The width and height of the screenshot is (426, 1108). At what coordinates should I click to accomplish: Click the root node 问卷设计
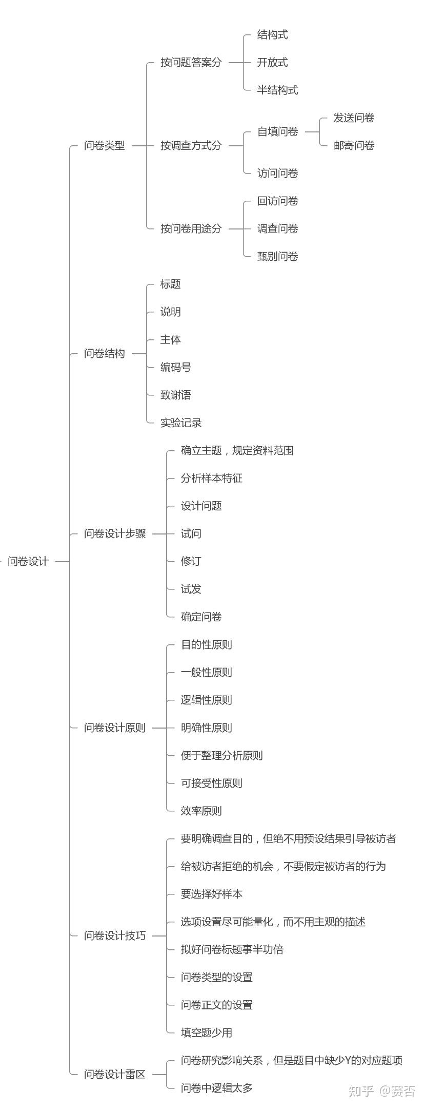tap(28, 561)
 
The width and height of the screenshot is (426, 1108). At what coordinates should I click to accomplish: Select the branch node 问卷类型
tap(105, 145)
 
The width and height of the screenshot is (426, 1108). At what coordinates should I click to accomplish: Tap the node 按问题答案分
tap(191, 62)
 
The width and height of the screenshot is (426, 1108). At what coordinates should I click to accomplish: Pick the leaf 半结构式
tap(277, 90)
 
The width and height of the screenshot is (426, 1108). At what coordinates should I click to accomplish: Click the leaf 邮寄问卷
tap(354, 145)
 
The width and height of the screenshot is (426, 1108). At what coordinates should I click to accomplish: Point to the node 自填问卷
tap(277, 131)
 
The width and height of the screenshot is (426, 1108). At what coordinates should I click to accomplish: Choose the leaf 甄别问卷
tap(277, 256)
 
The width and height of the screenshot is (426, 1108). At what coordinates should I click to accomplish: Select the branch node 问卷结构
tap(105, 353)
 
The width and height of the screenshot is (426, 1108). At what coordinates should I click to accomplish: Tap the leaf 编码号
tap(176, 367)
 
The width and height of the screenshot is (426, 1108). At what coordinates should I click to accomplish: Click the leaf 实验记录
tap(181, 423)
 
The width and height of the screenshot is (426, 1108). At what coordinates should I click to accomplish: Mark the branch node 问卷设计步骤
tap(115, 533)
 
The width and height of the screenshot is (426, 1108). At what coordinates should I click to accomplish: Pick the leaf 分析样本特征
tap(211, 478)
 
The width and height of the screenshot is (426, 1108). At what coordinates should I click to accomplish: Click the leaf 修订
tap(191, 561)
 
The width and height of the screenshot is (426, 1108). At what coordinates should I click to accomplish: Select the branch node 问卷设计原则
tap(115, 728)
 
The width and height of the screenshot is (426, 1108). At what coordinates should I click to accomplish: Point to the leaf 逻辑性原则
tap(206, 700)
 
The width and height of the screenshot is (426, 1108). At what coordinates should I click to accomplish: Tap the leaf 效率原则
tap(201, 811)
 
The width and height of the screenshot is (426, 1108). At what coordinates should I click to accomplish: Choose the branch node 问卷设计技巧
tap(115, 935)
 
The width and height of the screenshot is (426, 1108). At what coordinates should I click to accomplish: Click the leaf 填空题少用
tap(206, 1033)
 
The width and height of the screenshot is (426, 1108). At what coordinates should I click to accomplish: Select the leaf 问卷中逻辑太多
tap(216, 1087)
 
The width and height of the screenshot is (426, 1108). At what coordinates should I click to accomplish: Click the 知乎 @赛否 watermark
tap(381, 1091)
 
